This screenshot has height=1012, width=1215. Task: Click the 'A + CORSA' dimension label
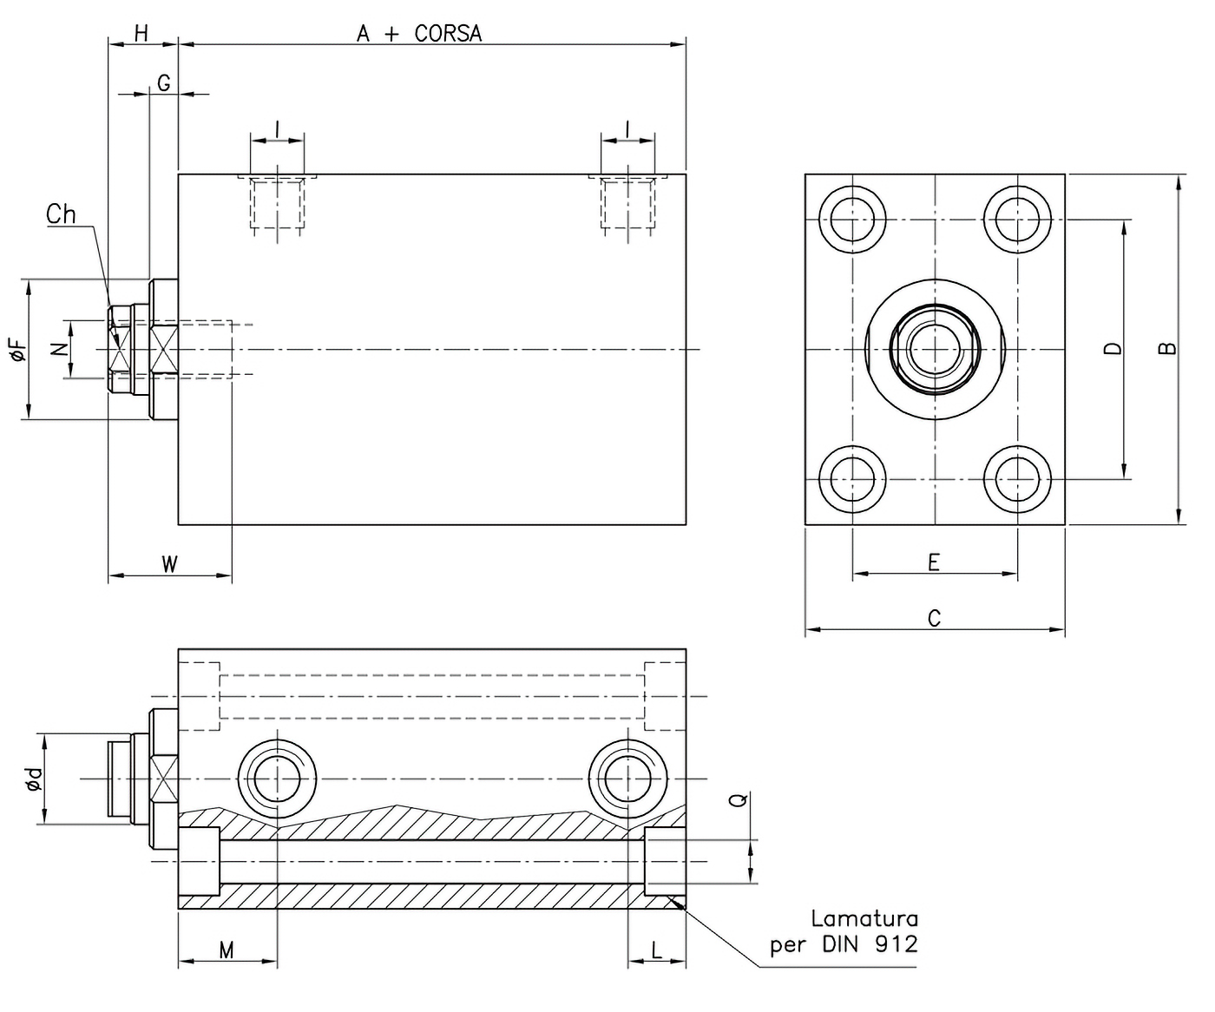(419, 34)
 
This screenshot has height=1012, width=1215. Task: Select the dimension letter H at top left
(141, 34)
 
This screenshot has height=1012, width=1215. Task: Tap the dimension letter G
(163, 83)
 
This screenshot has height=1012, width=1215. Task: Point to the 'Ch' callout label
(61, 214)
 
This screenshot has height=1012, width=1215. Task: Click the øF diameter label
(18, 350)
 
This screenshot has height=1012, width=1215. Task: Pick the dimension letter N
(58, 349)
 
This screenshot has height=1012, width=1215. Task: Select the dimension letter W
(170, 564)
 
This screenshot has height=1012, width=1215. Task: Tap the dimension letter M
(227, 950)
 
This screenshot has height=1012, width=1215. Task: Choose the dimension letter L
(657, 950)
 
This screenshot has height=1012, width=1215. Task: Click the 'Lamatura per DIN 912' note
(844, 931)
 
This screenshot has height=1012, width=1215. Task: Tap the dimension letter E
(934, 562)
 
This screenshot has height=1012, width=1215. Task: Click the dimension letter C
(934, 619)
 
